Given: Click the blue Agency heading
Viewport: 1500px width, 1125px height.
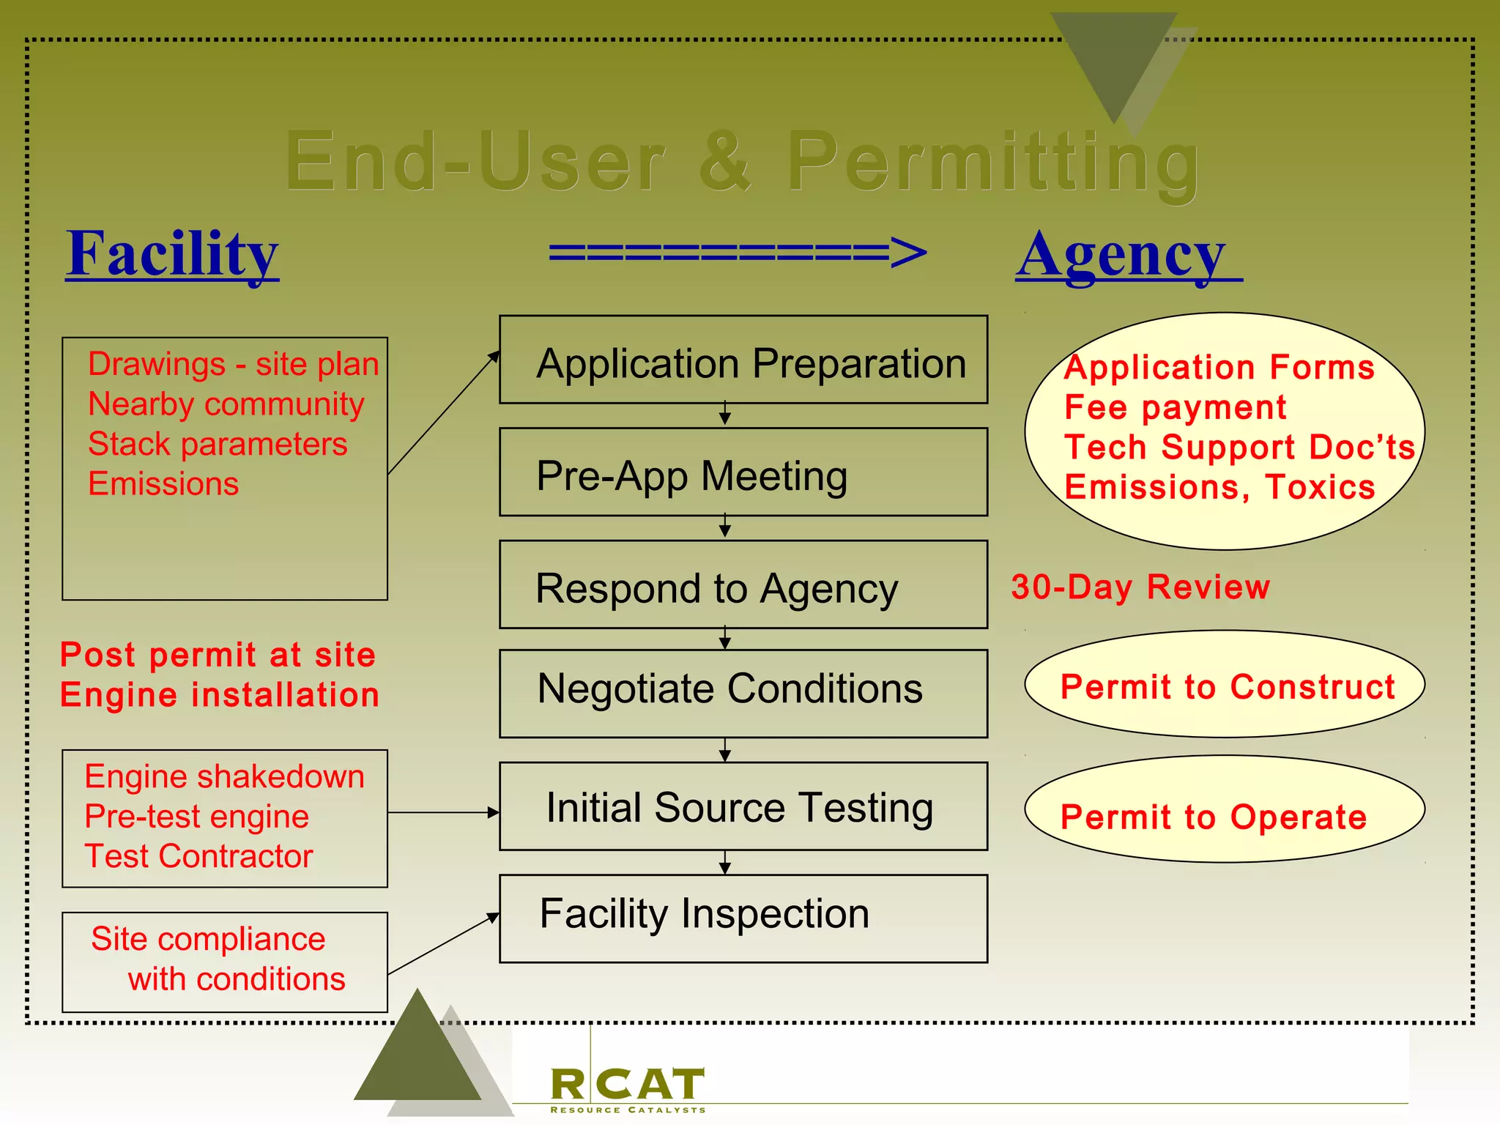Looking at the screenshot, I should (x=1122, y=255).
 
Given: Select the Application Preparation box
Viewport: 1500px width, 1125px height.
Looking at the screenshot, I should (x=743, y=360).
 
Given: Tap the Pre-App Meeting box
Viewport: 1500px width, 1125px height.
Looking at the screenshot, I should (x=743, y=473).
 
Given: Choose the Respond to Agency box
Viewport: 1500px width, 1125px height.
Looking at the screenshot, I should (x=743, y=585).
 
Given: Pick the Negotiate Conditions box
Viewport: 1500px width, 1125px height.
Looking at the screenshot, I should (x=743, y=693).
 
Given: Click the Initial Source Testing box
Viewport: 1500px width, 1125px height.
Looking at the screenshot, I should (x=743, y=806).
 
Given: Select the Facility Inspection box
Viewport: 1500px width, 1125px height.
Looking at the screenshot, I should (x=743, y=918).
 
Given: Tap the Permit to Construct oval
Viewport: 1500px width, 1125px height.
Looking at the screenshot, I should (x=1225, y=685).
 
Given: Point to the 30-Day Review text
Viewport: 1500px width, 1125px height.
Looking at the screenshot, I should (x=1140, y=587).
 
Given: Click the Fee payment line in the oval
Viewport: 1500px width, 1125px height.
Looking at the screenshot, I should (x=1175, y=407).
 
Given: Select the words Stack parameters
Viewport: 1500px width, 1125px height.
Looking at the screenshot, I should (x=218, y=444).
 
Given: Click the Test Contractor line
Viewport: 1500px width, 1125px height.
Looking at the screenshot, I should (x=198, y=856).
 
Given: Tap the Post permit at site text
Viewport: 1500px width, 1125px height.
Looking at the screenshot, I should (x=218, y=654).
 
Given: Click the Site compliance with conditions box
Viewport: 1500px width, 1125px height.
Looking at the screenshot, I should (x=224, y=962).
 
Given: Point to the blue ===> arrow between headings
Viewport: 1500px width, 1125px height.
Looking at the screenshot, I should (x=738, y=253).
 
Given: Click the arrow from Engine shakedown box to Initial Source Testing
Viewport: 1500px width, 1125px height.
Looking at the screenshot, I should (x=443, y=812).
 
